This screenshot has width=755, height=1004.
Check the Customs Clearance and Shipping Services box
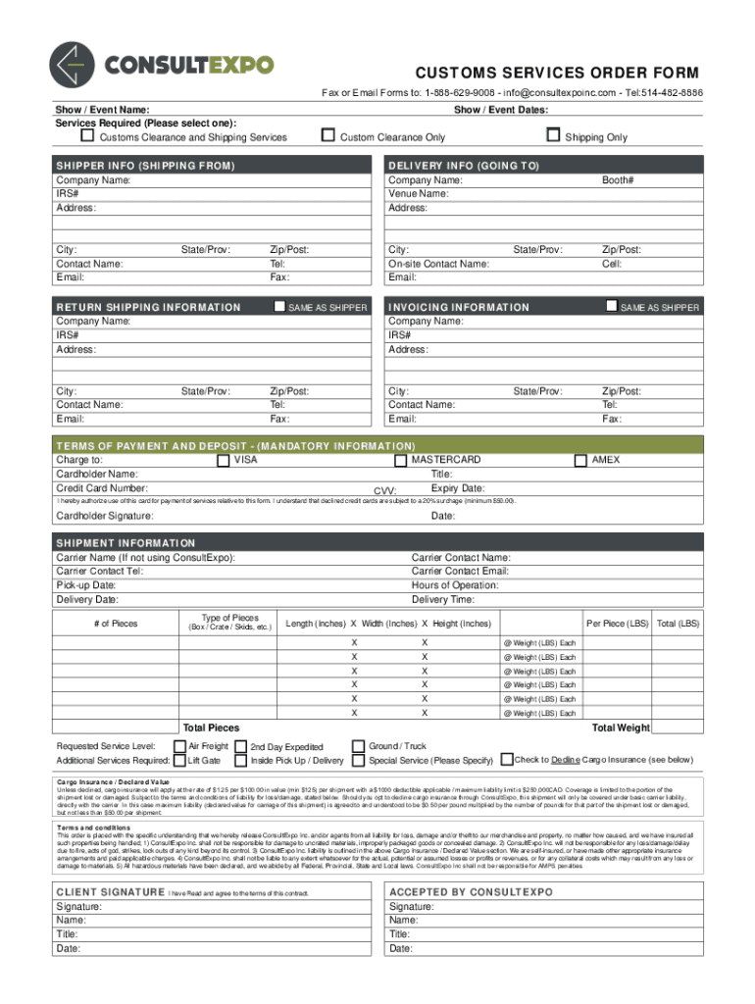click(x=87, y=135)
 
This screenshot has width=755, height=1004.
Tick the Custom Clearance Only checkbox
click(x=328, y=135)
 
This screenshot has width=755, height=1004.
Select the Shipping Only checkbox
click(x=553, y=135)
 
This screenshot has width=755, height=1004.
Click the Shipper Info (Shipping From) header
click(x=145, y=167)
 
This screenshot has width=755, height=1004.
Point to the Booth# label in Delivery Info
click(x=618, y=180)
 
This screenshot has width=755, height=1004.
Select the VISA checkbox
click(x=223, y=459)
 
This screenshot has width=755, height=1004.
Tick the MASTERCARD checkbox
click(x=400, y=459)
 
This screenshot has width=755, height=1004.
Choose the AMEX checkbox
click(x=579, y=459)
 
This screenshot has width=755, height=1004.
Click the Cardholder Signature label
click(x=104, y=516)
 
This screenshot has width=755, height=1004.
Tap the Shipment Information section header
click(x=126, y=543)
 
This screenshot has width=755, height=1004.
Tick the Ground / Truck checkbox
click(x=359, y=745)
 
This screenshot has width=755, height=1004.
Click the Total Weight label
click(x=621, y=728)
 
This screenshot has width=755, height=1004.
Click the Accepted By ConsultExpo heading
click(x=471, y=892)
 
